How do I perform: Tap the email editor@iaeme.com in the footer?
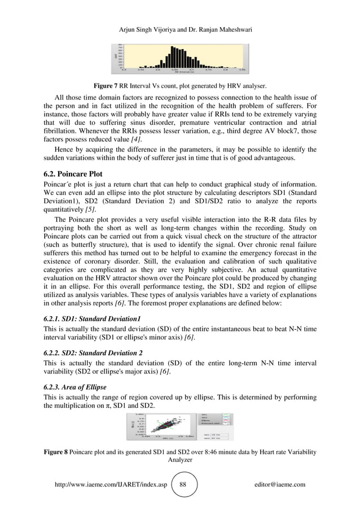coord(280,485)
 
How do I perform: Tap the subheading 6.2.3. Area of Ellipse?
coord(77,388)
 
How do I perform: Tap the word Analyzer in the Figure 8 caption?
coord(180,460)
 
